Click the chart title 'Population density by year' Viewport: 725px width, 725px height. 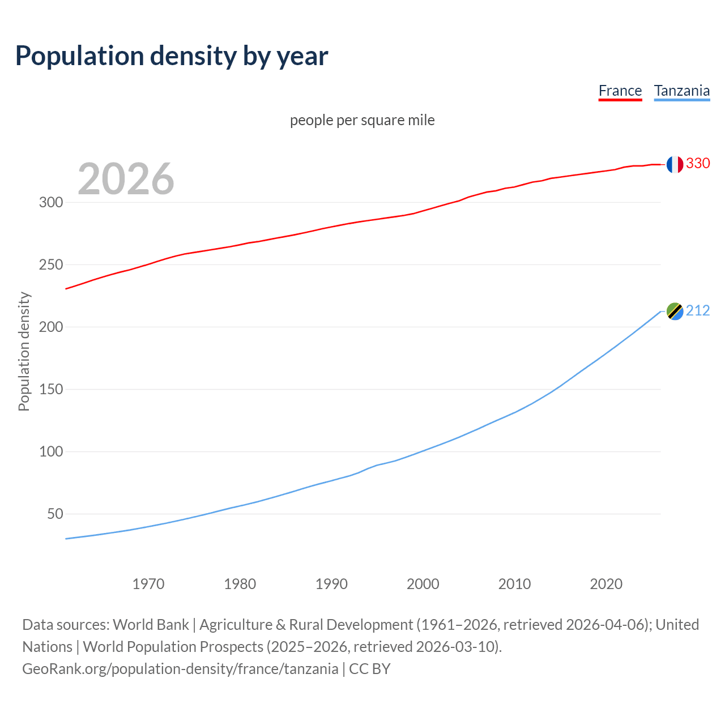pyautogui.click(x=172, y=56)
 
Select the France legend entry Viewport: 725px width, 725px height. pyautogui.click(x=620, y=91)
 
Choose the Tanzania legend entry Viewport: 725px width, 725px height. pyautogui.click(x=682, y=91)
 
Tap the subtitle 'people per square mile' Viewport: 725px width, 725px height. pyautogui.click(x=362, y=120)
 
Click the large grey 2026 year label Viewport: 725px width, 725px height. pyautogui.click(x=126, y=179)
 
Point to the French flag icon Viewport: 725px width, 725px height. pyautogui.click(x=674, y=164)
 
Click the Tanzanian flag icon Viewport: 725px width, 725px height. pyautogui.click(x=674, y=311)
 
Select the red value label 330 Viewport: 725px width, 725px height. pyautogui.click(x=698, y=163)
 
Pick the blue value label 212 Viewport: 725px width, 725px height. pyautogui.click(x=698, y=310)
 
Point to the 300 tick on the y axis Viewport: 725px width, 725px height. pyautogui.click(x=51, y=203)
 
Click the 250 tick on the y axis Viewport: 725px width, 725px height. pyautogui.click(x=51, y=265)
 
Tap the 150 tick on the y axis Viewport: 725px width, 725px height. pyautogui.click(x=51, y=390)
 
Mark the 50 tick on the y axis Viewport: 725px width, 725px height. pyautogui.click(x=55, y=514)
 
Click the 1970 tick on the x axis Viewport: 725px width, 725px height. pyautogui.click(x=148, y=584)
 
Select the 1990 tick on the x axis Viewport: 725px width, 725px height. pyautogui.click(x=331, y=584)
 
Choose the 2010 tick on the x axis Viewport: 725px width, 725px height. pyautogui.click(x=514, y=584)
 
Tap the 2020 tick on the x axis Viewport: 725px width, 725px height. pyautogui.click(x=606, y=584)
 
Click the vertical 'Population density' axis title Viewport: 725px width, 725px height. pyautogui.click(x=24, y=351)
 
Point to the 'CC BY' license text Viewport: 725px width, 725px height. pyautogui.click(x=370, y=669)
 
